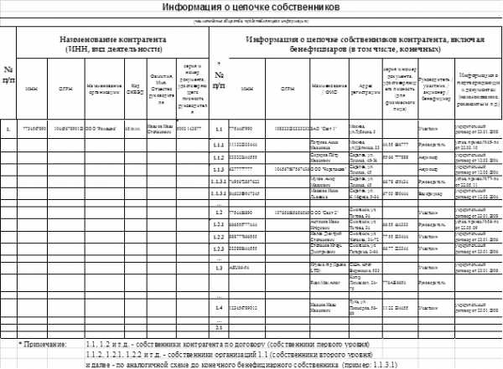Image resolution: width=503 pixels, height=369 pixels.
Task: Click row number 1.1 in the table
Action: [218, 130]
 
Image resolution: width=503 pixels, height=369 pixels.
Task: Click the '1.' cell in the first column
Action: [8, 130]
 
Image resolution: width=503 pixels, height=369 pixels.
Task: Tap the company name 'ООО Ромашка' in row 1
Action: [101, 130]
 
